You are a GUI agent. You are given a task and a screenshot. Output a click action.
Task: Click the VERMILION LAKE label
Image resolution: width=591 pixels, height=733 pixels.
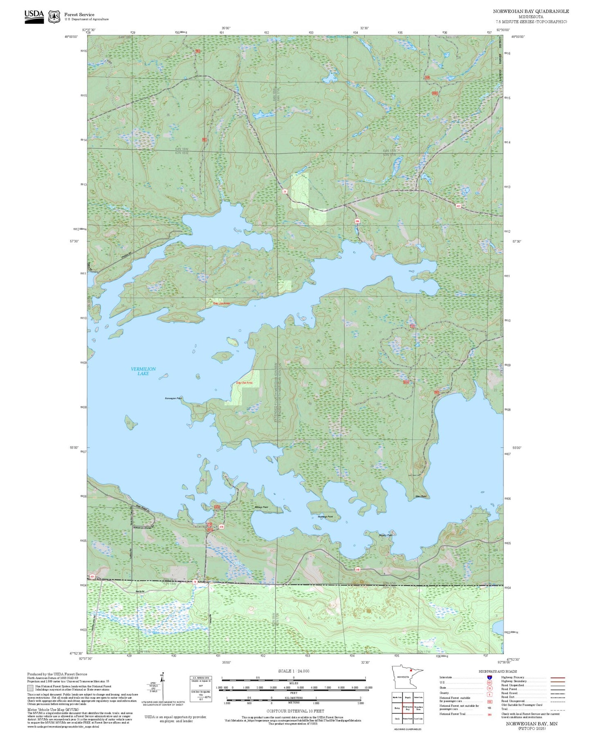tap(143, 371)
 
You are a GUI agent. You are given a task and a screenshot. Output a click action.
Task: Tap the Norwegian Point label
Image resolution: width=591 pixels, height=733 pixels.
tap(173, 398)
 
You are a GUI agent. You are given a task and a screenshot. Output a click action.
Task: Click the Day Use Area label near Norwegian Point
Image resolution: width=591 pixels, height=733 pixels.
tap(244, 383)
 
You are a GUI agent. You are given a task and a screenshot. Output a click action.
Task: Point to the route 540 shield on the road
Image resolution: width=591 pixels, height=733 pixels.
tap(357, 569)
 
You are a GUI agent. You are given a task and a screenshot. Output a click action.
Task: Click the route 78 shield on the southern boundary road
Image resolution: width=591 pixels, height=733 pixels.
tap(195, 582)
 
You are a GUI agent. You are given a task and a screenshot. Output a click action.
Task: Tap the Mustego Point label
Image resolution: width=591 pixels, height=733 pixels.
tap(325, 517)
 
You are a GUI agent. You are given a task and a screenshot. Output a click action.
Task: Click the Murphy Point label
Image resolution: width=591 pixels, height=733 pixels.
tap(385, 535)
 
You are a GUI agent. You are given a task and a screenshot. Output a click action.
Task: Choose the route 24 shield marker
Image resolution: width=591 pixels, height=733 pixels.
tap(284, 191)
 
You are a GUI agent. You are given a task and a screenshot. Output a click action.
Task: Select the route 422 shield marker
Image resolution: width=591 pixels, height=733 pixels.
tap(458, 206)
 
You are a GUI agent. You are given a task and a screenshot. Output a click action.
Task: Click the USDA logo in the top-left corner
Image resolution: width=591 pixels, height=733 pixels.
tap(34, 16)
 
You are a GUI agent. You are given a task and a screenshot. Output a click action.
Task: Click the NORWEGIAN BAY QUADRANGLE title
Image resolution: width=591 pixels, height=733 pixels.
tap(530, 11)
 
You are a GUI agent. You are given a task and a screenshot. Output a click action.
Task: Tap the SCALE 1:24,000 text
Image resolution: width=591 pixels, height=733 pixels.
tap(293, 671)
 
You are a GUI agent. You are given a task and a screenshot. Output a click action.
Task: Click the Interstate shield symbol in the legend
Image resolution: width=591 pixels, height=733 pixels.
tap(489, 677)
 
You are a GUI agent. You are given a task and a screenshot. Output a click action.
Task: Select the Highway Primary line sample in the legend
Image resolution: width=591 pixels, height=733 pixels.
tap(558, 677)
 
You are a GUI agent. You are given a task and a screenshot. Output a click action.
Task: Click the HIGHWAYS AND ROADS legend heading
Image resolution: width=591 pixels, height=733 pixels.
tap(497, 671)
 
